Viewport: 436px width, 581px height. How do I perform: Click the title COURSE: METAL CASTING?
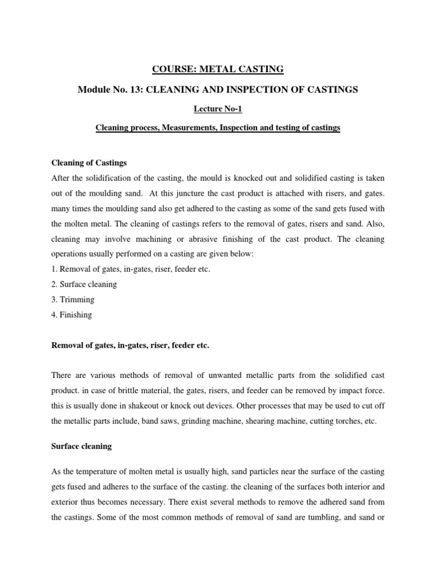click(x=217, y=70)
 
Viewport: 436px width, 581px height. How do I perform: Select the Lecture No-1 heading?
click(x=217, y=109)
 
